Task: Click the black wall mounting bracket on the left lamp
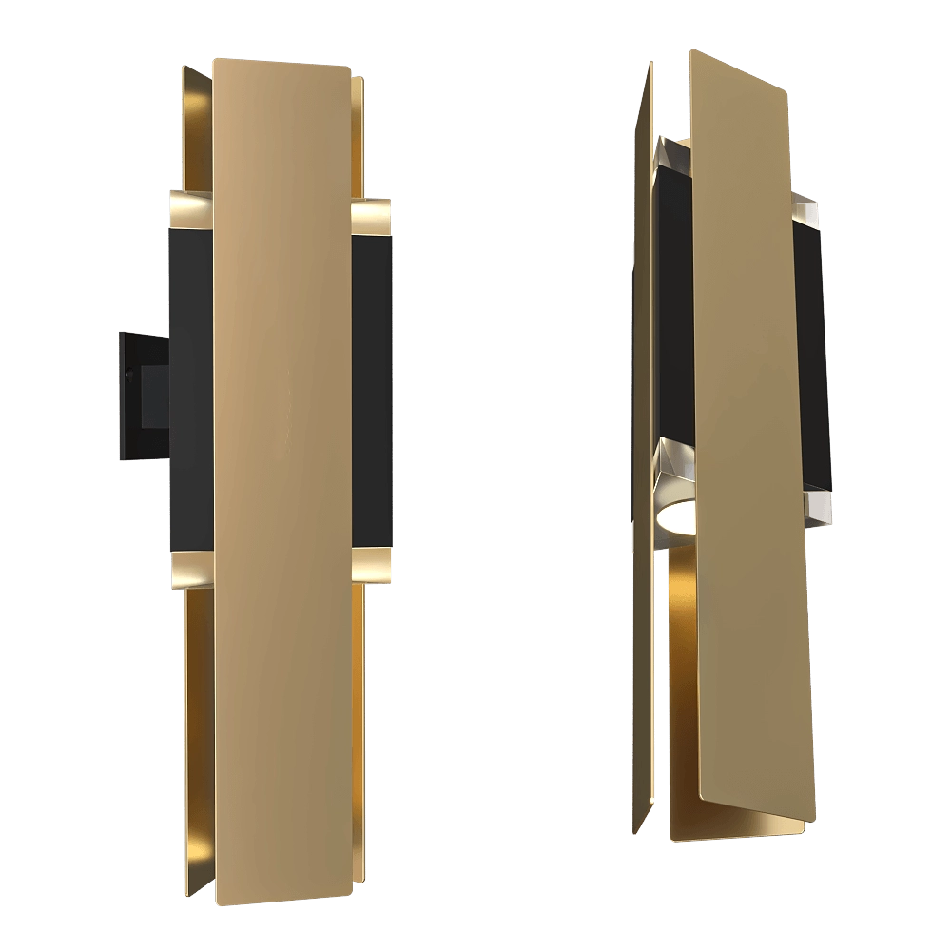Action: pyautogui.click(x=141, y=394)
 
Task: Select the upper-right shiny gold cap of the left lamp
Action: pyautogui.click(x=373, y=217)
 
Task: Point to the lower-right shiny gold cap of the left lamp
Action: pyautogui.click(x=373, y=563)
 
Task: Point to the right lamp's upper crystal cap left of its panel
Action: pyautogui.click(x=674, y=158)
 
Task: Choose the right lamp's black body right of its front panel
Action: pyautogui.click(x=811, y=352)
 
